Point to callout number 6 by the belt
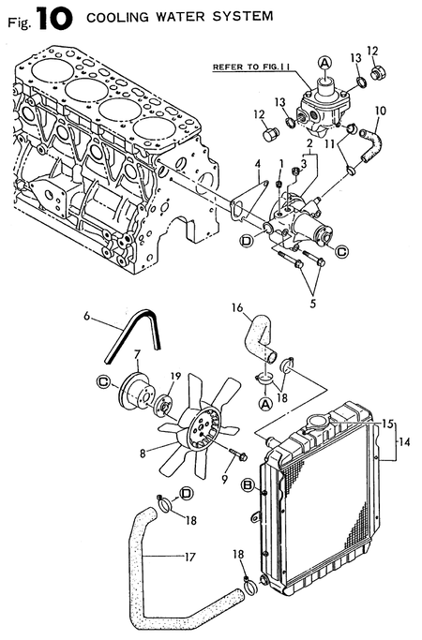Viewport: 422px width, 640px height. tap(88, 318)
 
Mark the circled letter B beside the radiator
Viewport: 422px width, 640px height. tap(249, 484)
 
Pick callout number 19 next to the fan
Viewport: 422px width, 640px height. tap(174, 377)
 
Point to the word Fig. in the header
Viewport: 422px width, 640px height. tap(16, 19)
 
